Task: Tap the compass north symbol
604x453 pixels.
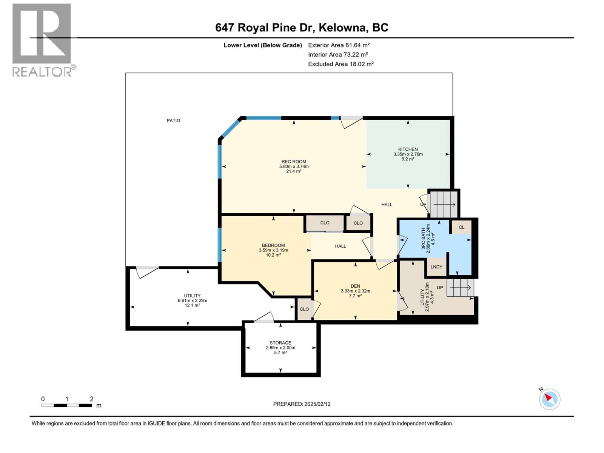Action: coord(549,399)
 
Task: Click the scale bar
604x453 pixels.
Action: coord(67,405)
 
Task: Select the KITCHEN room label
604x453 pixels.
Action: coord(408,149)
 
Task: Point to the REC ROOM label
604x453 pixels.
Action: coord(294,162)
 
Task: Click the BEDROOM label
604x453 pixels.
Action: coord(273,245)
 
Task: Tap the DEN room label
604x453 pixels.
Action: coord(355,286)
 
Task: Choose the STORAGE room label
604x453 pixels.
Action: coord(280,343)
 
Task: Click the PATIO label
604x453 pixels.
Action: coord(173,120)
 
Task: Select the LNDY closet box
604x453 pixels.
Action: coord(436,267)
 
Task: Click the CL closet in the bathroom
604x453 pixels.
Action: coord(461,227)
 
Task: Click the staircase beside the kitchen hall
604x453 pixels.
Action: coord(444,204)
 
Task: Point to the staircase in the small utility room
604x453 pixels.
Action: coord(460,288)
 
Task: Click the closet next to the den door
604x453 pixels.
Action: coord(304,309)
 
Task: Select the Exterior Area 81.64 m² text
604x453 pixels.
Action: coord(339,45)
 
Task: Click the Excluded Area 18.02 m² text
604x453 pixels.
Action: coord(341,64)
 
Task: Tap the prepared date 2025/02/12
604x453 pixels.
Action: coord(302,404)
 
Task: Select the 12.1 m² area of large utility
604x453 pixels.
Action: coord(192,305)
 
